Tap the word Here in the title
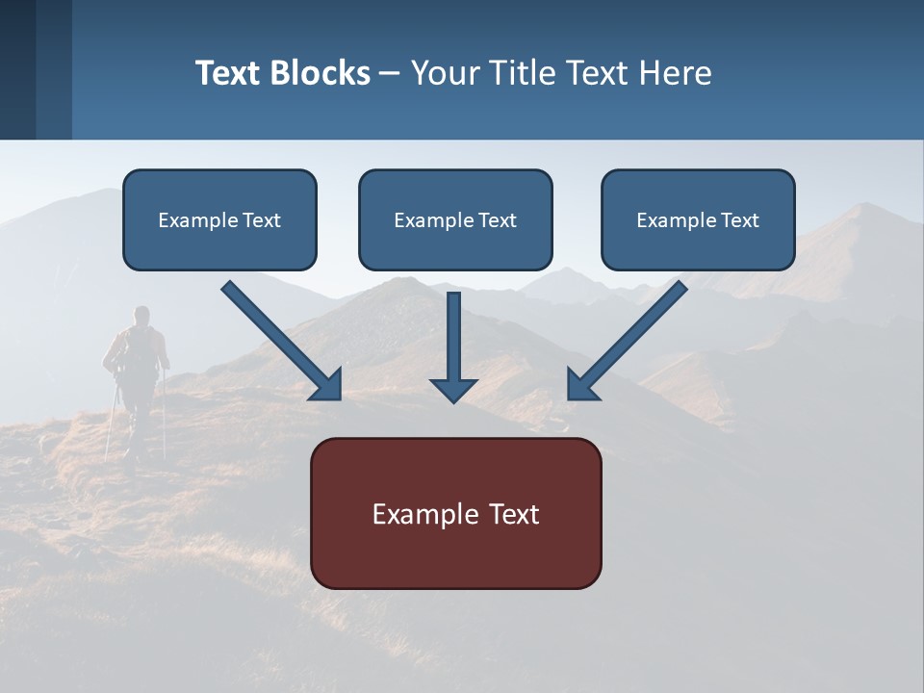675,73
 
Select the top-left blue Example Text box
219,219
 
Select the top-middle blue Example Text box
455,219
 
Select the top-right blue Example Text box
698,219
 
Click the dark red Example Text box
455,513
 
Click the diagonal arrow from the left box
279,338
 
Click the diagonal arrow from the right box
629,338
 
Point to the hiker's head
141,315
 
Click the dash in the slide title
390,73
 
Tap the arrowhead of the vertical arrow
453,390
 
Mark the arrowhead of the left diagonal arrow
328,386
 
